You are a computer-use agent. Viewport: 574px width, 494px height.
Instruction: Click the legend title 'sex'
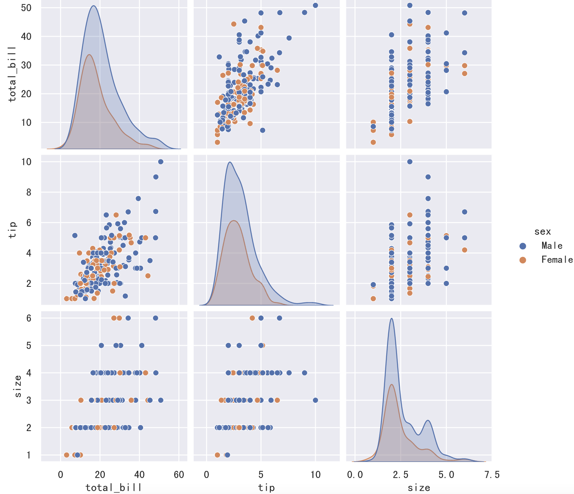coord(543,231)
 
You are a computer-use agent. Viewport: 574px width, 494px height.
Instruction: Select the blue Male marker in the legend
coord(523,246)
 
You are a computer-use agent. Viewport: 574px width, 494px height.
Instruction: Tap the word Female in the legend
coord(557,260)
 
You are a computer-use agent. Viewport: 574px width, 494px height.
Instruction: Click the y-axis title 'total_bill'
coord(12,74)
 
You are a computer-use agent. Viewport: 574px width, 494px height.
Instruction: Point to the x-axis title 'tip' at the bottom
coord(266,487)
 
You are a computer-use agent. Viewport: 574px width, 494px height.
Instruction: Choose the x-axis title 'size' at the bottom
coord(419,487)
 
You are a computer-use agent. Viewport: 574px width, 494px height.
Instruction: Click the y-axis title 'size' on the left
coord(18,386)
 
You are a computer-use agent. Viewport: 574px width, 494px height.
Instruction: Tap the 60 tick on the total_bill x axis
coord(179,474)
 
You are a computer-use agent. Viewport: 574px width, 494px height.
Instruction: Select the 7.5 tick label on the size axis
coord(491,474)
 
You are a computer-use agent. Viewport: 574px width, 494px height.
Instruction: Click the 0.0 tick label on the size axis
coord(355,474)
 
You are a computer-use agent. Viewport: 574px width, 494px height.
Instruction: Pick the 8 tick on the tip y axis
coord(29,192)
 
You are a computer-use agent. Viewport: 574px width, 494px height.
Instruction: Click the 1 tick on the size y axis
coord(29,455)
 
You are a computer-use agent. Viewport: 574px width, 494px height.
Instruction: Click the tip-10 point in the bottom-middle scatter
coord(315,400)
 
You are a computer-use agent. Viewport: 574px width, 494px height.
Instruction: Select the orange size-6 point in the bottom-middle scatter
coord(252,318)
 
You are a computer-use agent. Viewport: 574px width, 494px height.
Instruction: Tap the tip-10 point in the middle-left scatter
coord(161,162)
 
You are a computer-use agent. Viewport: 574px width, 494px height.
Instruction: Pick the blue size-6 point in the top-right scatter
coord(464,13)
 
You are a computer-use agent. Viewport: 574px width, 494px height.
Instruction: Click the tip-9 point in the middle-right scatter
coord(428,177)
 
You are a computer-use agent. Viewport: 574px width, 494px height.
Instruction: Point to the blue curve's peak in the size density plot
coord(391,318)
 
